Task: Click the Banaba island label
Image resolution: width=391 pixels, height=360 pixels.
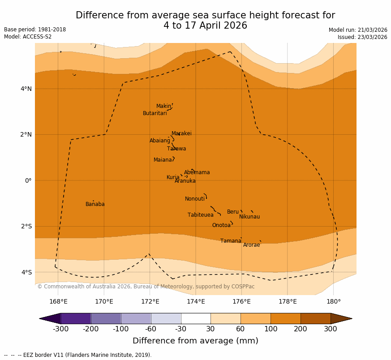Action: (x=95, y=204)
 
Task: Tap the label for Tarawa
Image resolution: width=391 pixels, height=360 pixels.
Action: (x=176, y=149)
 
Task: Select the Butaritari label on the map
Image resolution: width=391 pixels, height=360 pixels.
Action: (x=155, y=113)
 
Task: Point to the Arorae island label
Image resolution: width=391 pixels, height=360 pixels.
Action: (x=251, y=245)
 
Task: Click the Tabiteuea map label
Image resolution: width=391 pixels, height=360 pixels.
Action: (x=200, y=215)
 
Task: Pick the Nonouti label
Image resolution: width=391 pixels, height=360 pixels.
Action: (x=194, y=199)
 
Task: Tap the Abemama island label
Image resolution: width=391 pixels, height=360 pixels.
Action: (x=197, y=172)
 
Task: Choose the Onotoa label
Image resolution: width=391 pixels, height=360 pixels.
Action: (x=221, y=225)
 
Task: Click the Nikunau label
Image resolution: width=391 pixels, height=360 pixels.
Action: (x=249, y=217)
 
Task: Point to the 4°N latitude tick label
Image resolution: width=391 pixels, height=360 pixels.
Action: (x=26, y=89)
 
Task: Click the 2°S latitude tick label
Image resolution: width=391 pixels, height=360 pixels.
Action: (x=26, y=227)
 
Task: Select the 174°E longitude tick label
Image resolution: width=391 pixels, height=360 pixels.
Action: (x=196, y=301)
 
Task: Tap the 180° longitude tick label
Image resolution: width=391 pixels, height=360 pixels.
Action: (x=333, y=301)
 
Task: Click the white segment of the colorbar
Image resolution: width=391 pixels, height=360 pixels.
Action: (x=196, y=318)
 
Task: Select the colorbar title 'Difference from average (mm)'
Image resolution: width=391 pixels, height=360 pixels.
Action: (x=195, y=341)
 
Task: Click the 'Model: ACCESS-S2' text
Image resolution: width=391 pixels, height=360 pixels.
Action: (x=28, y=37)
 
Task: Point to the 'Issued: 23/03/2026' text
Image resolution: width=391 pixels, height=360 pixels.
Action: (x=362, y=37)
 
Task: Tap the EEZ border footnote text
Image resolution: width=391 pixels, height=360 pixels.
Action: (x=78, y=355)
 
